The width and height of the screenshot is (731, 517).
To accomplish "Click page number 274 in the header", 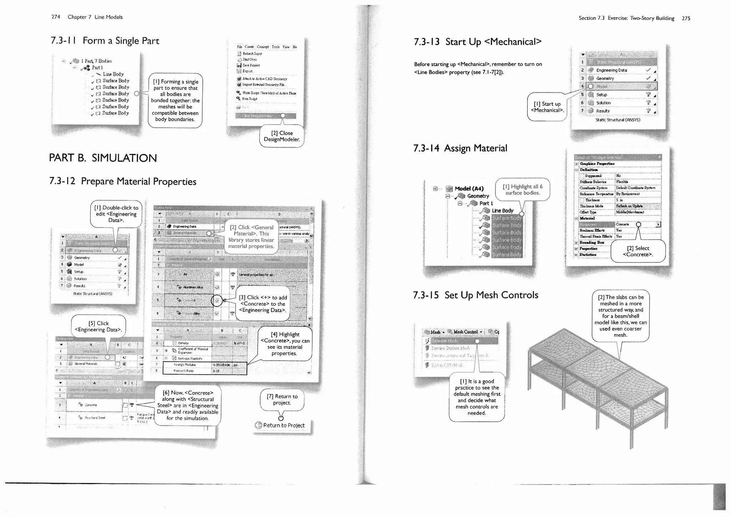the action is pos(56,17).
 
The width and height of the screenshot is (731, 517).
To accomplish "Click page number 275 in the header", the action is pos(686,18).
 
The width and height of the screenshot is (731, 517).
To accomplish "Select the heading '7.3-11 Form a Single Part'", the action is pos(105,41).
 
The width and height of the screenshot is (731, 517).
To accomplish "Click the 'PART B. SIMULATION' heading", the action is pos(103,158).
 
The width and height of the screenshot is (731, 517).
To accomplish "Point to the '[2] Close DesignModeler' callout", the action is pos(282,136).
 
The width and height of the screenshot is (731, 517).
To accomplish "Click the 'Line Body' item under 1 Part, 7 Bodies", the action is pos(113,74).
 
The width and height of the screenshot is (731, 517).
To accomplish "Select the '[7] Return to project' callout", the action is pos(282,400).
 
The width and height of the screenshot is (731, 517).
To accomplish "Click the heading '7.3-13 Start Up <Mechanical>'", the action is pos(477,42).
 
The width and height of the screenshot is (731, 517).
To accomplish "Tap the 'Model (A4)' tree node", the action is pos(469,189).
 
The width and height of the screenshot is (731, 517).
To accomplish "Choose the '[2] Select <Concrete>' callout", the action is pos(638,251).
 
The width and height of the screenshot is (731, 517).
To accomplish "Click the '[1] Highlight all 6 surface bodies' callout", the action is pos(522,190).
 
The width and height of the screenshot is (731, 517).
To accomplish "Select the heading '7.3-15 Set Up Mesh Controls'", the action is pos(475,295).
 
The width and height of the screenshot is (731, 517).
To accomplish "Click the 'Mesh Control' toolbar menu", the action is pos(465,332).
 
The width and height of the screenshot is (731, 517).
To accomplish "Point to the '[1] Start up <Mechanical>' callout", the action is pos(547,107).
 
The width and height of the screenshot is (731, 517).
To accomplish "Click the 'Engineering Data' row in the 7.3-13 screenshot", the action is pos(611,70).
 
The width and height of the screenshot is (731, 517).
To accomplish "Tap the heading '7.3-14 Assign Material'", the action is pos(460,148).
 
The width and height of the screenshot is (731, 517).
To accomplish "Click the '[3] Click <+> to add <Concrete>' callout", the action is pos(262,304).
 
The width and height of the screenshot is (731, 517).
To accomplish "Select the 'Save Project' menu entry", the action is pos(251,65).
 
